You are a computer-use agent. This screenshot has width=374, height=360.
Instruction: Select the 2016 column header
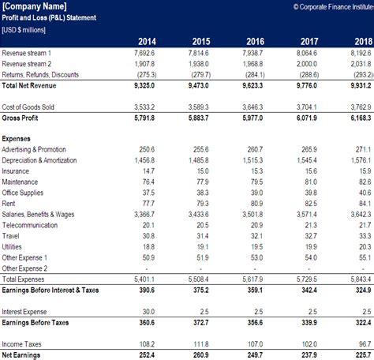pos(256,42)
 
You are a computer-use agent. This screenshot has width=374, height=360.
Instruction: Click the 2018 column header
pos(361,42)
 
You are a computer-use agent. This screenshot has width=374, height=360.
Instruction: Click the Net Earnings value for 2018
pos(360,355)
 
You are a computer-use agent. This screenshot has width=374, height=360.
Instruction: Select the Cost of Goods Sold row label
pos(29,107)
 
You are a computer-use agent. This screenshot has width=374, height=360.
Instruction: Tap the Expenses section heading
pos(18,137)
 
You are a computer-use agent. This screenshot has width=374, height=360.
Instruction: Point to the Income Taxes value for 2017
pos(307,345)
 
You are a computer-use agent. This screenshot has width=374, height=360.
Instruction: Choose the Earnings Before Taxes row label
pos(36,322)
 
